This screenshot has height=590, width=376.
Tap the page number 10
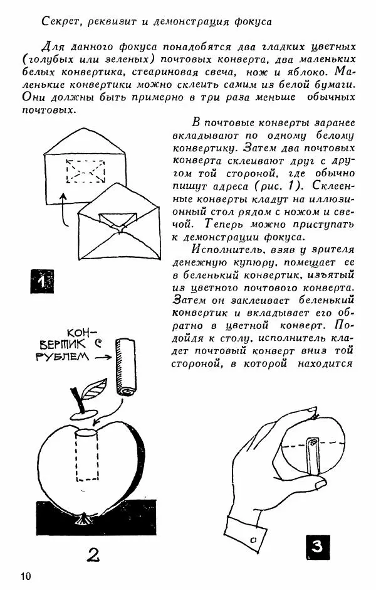[26, 576]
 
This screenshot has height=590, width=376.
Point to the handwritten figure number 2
[92, 554]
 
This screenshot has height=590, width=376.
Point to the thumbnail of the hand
[311, 411]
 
